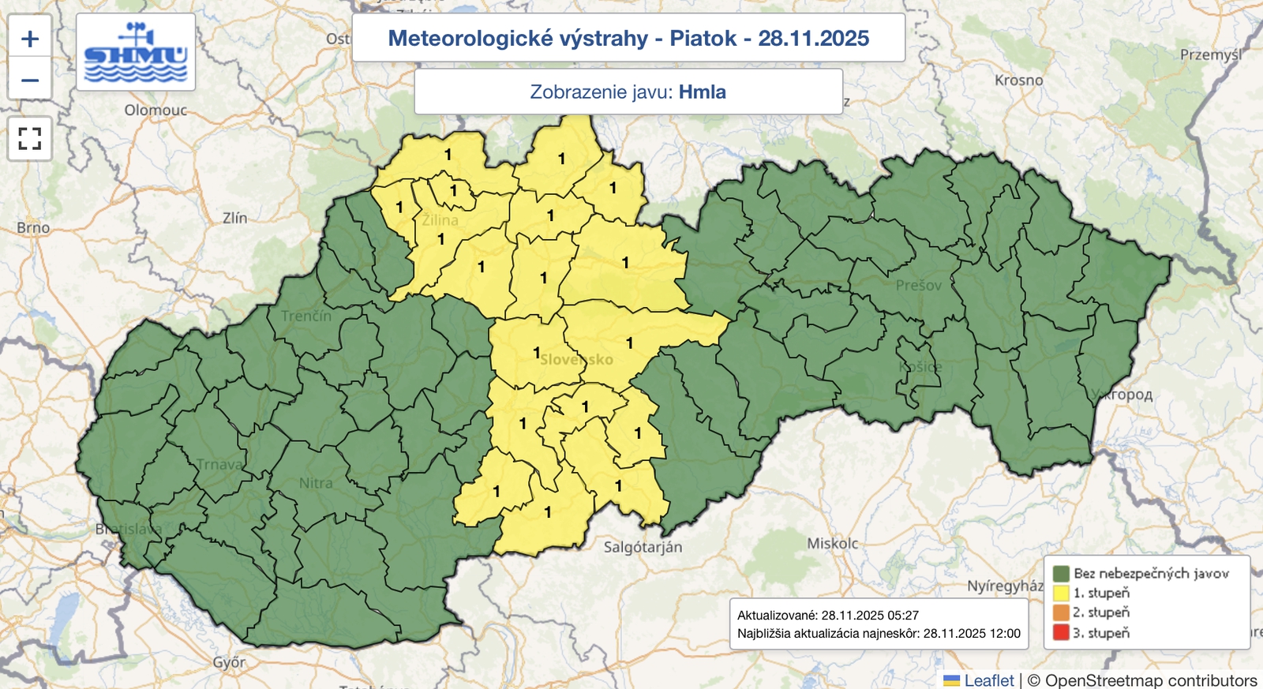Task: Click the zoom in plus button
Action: pos(30,38)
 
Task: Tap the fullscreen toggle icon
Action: pos(30,139)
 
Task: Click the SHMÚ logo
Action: pos(136,53)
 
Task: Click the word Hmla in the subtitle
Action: pos(702,92)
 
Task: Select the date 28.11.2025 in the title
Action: pos(813,38)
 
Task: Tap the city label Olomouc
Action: pos(156,110)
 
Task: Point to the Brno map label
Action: pos(33,228)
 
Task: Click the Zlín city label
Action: pos(234,218)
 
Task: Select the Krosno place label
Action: pos(1018,81)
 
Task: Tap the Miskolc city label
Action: pos(832,544)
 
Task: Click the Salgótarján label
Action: pos(643,547)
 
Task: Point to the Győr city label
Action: pos(229,662)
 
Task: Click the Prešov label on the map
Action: pos(918,285)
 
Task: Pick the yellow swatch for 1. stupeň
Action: pos(1060,593)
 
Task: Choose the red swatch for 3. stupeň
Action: pos(1060,632)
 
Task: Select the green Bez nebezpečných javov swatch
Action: pos(1060,573)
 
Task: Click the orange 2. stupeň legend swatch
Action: pos(1060,612)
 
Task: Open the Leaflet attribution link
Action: pos(988,680)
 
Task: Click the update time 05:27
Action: pos(903,615)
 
